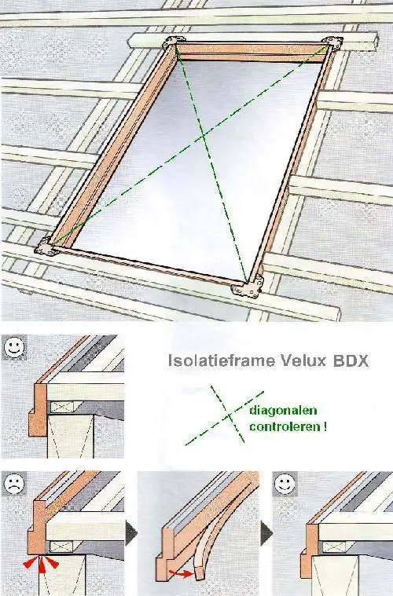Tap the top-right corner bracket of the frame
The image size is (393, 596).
[333, 43]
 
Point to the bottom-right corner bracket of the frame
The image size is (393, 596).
[248, 287]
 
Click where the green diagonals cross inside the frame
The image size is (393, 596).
[203, 135]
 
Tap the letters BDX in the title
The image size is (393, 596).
[351, 360]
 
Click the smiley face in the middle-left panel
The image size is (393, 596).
[14, 348]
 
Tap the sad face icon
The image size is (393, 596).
[14, 484]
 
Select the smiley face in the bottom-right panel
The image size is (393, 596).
[285, 484]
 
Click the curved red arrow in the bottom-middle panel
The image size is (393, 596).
[182, 572]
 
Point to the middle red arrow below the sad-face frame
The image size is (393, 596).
[42, 565]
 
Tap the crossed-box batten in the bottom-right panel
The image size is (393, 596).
[334, 547]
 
